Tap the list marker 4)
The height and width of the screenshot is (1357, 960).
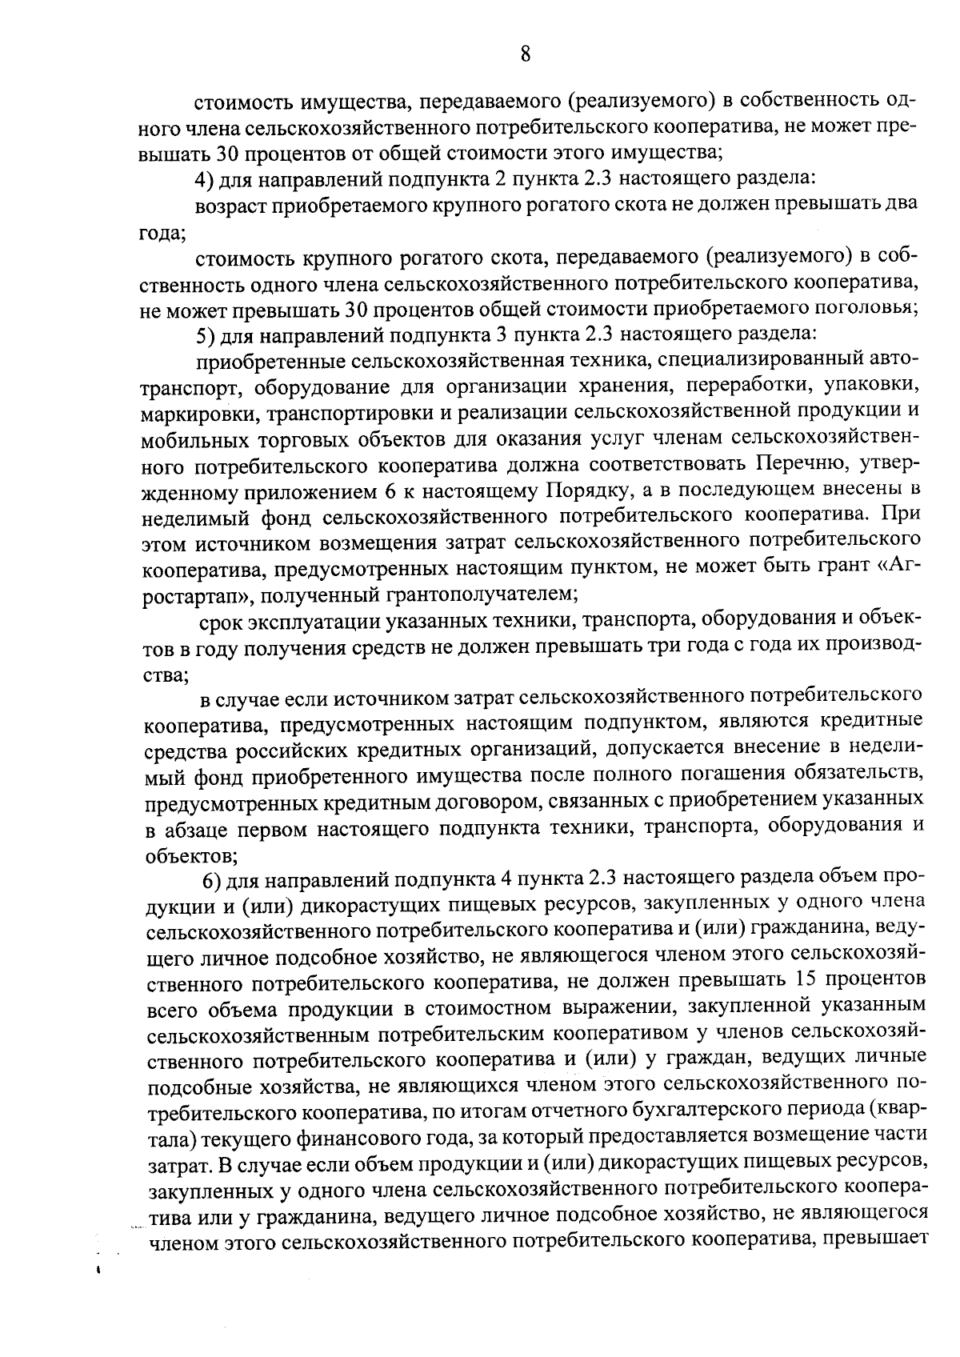click(206, 178)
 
